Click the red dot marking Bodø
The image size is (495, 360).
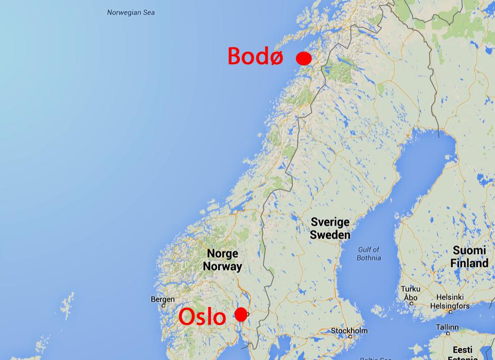click(x=304, y=58)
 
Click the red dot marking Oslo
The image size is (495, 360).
click(x=241, y=314)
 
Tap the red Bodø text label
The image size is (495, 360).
click(x=255, y=56)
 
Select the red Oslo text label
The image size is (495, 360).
click(x=202, y=317)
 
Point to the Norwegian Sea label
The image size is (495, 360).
click(x=131, y=12)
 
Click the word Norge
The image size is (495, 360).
click(x=222, y=254)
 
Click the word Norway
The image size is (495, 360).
click(x=222, y=266)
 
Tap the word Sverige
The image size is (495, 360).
click(x=330, y=222)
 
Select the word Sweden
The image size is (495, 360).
click(x=330, y=235)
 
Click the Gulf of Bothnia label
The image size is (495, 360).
click(x=369, y=253)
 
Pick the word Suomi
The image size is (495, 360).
click(x=469, y=251)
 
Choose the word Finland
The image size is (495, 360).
click(x=469, y=263)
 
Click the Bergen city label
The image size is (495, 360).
click(x=163, y=299)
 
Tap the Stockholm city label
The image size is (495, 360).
click(x=349, y=330)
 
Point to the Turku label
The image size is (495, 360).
click(x=411, y=289)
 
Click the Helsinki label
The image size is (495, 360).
click(x=450, y=297)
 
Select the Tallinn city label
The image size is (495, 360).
click(x=447, y=327)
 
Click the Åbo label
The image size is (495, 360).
click(x=411, y=297)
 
